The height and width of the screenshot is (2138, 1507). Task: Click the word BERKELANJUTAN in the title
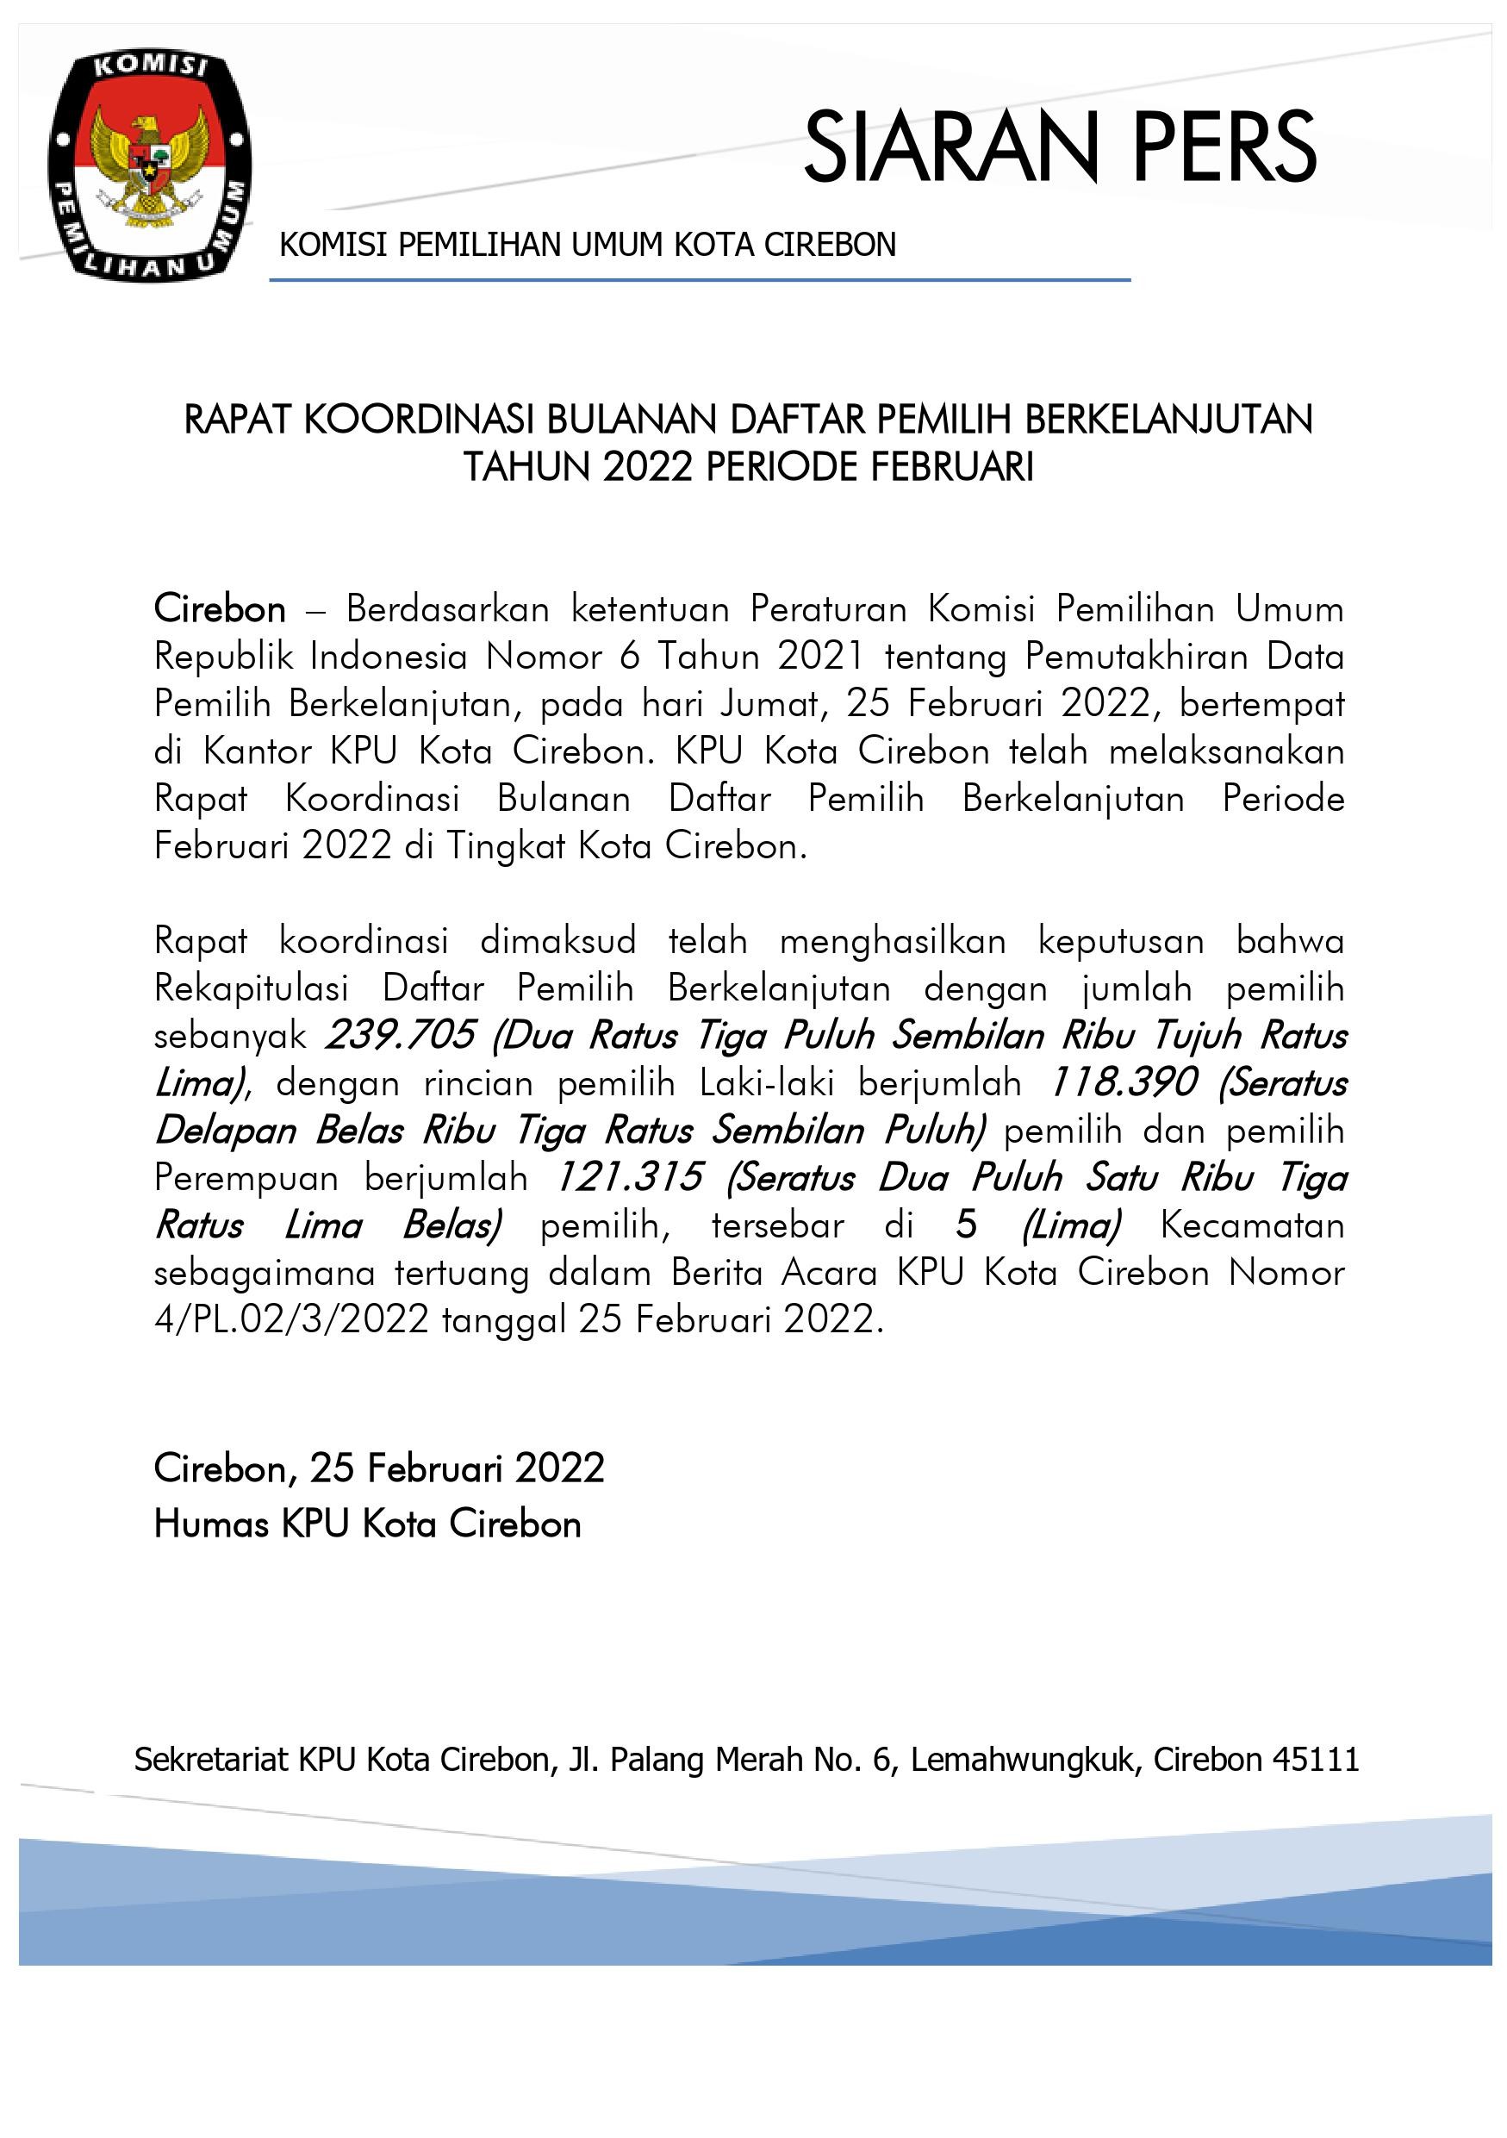[1168, 420]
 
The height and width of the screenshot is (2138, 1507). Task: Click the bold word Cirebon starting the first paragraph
[220, 610]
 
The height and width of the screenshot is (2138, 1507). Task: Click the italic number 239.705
[402, 1036]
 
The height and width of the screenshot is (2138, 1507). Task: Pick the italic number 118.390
[1124, 1083]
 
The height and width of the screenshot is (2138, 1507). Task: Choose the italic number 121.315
[628, 1178]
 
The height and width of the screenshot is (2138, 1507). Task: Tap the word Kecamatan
[1252, 1225]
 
